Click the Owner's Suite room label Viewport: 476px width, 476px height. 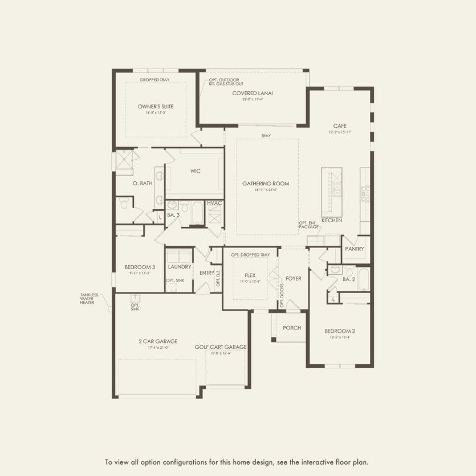pyautogui.click(x=156, y=107)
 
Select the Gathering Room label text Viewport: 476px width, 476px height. pyautogui.click(x=266, y=184)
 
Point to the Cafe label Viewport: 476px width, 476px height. pyautogui.click(x=340, y=126)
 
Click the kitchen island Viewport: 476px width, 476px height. pyautogui.click(x=331, y=189)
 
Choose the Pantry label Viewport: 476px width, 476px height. pyautogui.click(x=354, y=249)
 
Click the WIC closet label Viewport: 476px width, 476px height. pyautogui.click(x=196, y=170)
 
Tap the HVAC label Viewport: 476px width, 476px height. pyautogui.click(x=214, y=203)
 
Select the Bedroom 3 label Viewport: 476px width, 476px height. pyautogui.click(x=140, y=267)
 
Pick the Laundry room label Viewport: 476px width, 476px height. pyautogui.click(x=180, y=267)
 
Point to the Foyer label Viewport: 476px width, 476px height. pyautogui.click(x=293, y=279)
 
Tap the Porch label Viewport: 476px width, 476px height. pyautogui.click(x=292, y=328)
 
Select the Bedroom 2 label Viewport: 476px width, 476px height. pyautogui.click(x=340, y=331)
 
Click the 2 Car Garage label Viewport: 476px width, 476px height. pyautogui.click(x=153, y=341)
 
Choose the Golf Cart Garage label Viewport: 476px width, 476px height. pyautogui.click(x=220, y=347)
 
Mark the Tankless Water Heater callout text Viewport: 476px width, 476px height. pyautogui.click(x=89, y=299)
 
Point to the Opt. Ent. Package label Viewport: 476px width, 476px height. pyautogui.click(x=308, y=225)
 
